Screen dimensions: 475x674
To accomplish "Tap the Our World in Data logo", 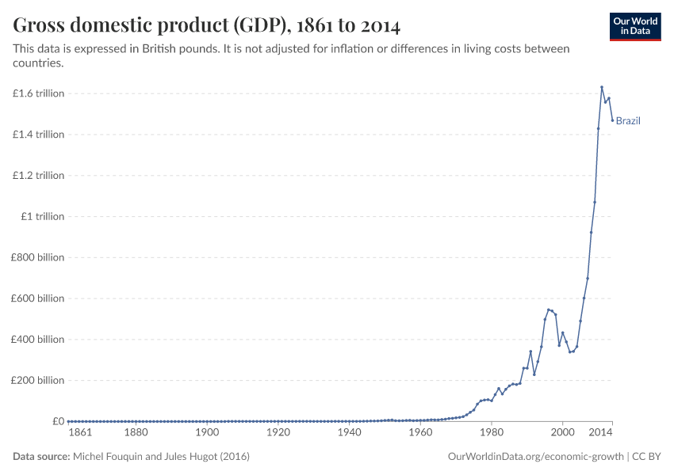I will pos(634,26).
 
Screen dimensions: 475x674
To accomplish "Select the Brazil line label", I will pos(628,121).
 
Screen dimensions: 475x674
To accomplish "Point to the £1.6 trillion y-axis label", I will pos(38,93).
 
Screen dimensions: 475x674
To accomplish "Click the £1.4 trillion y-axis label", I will pos(38,135).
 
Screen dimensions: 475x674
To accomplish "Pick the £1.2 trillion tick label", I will pos(38,176).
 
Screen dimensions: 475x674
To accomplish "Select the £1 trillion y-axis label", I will pos(43,217).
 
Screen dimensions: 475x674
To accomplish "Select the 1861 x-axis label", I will pos(80,433).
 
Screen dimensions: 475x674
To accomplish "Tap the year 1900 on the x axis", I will pos(207,433).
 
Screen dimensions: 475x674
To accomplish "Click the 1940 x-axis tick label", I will pos(349,433).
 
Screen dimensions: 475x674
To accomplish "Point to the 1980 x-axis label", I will pos(491,433).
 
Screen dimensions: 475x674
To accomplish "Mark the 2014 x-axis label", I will pos(600,433).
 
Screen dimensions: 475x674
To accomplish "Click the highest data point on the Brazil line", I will pos(602,87).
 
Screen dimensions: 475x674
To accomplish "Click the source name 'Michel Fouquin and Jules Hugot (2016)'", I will pos(162,457).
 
